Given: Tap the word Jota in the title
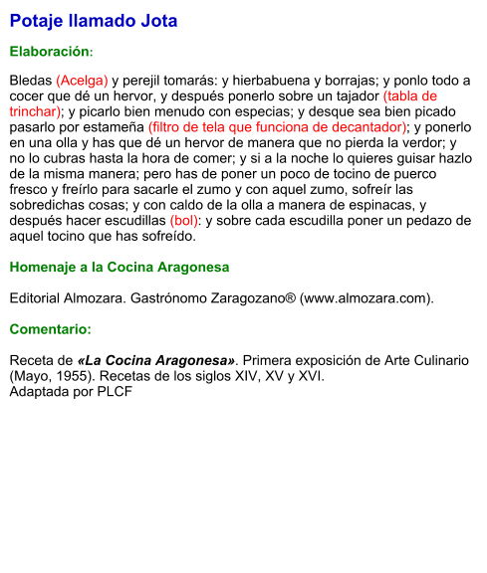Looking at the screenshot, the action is [x=158, y=20].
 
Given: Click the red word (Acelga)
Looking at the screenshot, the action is [x=82, y=81].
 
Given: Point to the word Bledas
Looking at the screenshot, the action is [x=31, y=81].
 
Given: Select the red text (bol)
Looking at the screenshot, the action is [x=185, y=222].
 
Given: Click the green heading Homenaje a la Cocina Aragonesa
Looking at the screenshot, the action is [x=120, y=267].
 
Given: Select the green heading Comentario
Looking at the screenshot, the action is [x=51, y=329].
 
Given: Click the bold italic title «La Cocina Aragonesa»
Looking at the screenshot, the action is [x=157, y=359].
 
